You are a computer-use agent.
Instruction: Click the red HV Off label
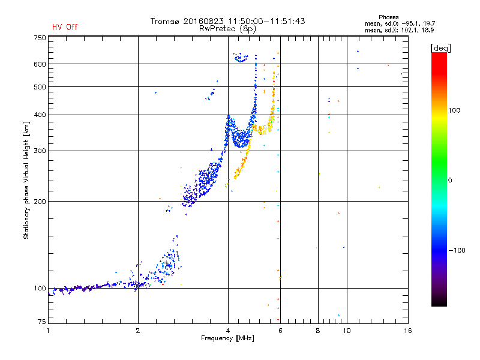tap(65, 27)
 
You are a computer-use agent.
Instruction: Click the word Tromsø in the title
tap(166, 21)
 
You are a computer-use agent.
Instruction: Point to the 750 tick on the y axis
tap(40, 38)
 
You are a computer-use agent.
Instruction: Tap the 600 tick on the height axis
tap(40, 64)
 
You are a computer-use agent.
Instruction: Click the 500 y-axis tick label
tap(40, 86)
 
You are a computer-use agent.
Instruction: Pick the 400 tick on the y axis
tap(40, 115)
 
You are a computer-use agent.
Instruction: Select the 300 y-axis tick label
tap(40, 151)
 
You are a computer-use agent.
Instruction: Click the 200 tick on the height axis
tap(40, 201)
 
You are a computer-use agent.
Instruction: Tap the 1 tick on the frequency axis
tap(48, 330)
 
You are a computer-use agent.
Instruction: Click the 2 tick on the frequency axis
tap(138, 330)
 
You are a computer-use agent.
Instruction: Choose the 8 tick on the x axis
tap(318, 330)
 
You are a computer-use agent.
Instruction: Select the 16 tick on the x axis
tap(407, 330)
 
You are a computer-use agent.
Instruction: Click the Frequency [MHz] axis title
tap(227, 338)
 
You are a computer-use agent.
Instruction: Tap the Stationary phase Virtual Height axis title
tap(26, 180)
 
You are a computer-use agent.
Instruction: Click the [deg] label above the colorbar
tap(440, 47)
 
